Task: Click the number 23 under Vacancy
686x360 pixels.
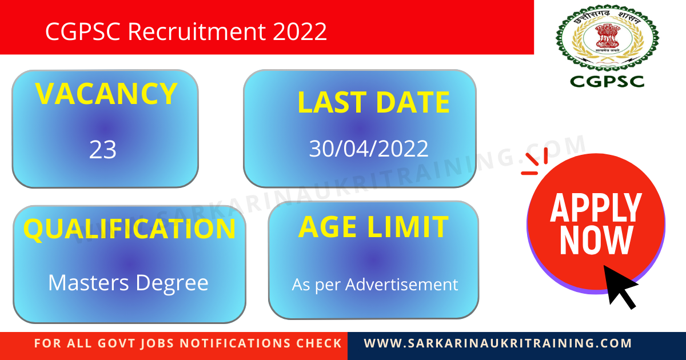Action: click(103, 150)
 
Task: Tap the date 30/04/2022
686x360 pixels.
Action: click(369, 149)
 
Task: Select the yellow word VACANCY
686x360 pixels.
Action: click(106, 94)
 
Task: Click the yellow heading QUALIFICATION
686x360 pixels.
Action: click(129, 229)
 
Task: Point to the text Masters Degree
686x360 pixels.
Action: click(129, 282)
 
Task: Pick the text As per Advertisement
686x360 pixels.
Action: click(375, 284)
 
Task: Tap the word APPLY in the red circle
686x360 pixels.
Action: click(596, 208)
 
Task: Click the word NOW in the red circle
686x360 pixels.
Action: click(596, 241)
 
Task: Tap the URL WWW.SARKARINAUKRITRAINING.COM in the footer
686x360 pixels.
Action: click(498, 343)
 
